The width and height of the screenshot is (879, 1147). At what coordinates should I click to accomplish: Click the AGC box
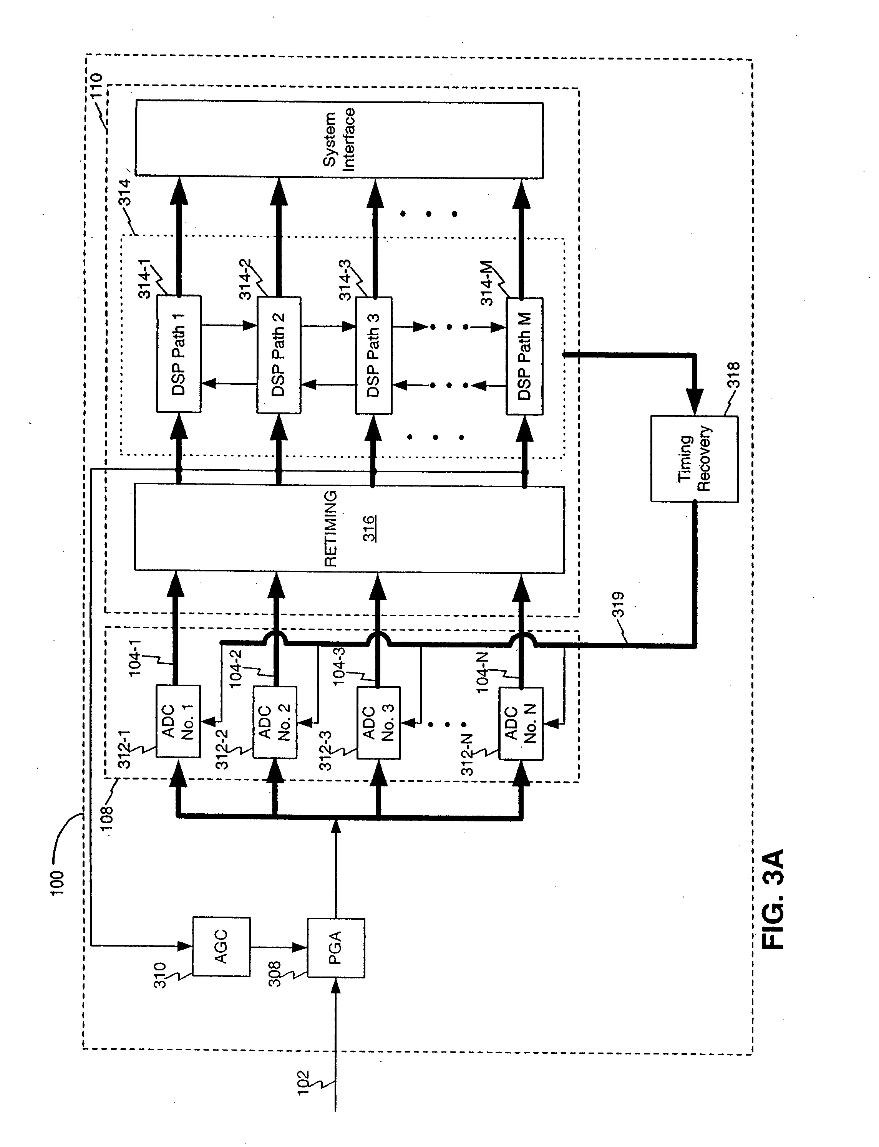click(221, 946)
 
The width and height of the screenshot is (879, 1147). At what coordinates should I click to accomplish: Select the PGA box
click(335, 948)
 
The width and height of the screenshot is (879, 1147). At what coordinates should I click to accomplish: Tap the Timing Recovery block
click(694, 459)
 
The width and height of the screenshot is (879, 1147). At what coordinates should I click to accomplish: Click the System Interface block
click(339, 139)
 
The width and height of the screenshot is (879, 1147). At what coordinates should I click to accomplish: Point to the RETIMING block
click(349, 529)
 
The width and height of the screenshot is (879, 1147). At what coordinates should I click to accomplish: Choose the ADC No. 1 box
click(178, 721)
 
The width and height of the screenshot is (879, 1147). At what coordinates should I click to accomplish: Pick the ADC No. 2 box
click(275, 722)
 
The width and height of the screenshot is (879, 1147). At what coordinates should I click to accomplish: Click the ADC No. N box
click(521, 723)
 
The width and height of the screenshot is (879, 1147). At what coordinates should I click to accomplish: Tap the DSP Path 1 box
click(178, 354)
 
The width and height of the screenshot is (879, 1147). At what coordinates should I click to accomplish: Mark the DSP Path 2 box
click(279, 354)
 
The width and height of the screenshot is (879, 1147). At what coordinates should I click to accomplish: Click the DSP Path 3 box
click(373, 355)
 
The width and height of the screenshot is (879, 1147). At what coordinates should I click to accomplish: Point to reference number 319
click(619, 605)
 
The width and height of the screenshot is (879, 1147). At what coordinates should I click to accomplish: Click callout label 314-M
click(487, 283)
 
